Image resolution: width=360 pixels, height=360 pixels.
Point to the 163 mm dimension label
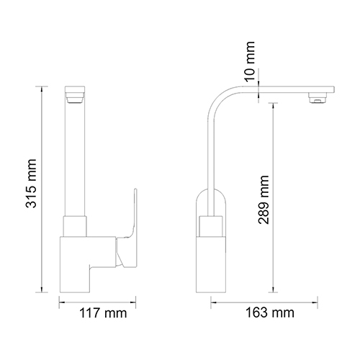pyautogui.click(x=269, y=315)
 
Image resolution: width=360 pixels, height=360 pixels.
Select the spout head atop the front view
pyautogui.click(x=77, y=93)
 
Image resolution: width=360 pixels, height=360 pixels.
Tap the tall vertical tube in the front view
pyautogui.click(x=77, y=158)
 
